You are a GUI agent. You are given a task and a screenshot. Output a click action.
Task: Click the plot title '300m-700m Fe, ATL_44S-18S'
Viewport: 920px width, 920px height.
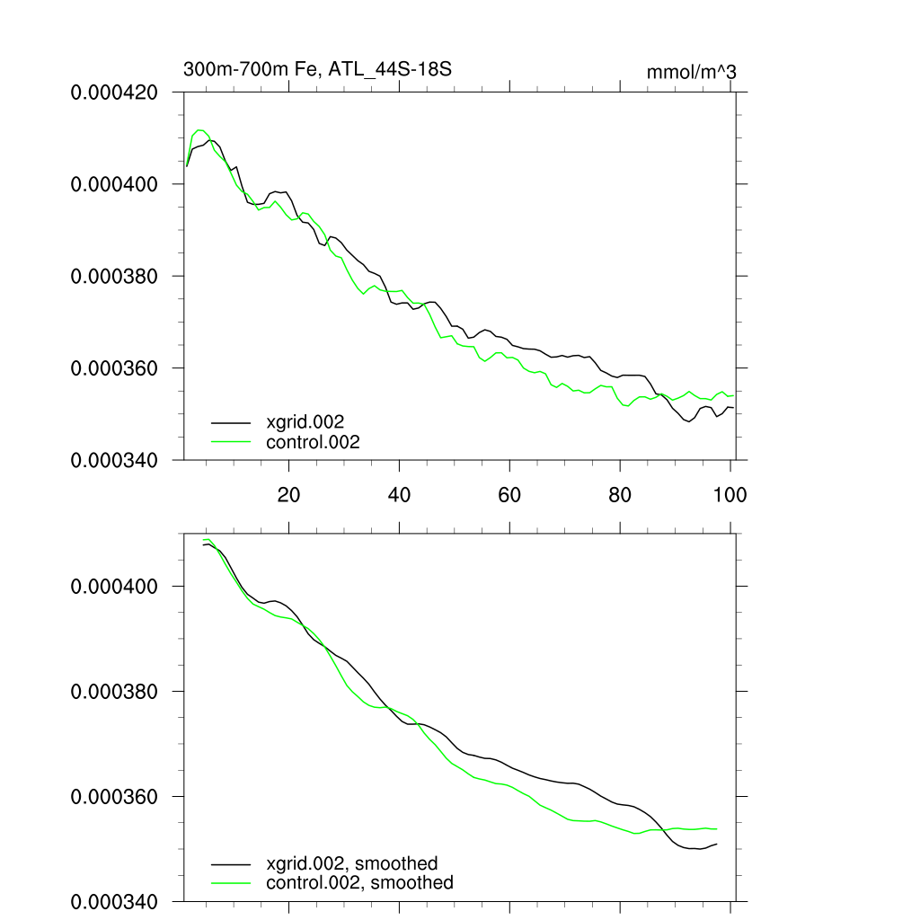click(x=323, y=69)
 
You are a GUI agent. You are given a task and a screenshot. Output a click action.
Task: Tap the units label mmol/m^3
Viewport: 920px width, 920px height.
click(x=691, y=72)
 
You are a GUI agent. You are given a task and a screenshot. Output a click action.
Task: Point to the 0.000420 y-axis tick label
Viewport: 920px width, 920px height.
click(x=115, y=92)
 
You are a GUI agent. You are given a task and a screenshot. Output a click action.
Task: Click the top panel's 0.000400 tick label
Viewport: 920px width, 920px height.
click(x=115, y=184)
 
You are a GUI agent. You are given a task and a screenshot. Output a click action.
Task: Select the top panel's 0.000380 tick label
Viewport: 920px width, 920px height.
click(x=115, y=276)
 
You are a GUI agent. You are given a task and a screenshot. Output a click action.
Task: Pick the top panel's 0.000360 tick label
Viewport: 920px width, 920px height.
click(x=115, y=368)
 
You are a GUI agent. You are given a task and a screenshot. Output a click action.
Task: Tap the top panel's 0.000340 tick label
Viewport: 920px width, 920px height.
click(x=115, y=460)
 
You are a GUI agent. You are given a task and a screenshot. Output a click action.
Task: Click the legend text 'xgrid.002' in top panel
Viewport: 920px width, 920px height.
click(x=305, y=420)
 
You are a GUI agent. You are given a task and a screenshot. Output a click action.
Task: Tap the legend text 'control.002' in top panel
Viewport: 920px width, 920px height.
click(x=313, y=441)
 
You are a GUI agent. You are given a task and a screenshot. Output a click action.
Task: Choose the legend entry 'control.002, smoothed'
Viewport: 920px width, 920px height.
click(x=359, y=882)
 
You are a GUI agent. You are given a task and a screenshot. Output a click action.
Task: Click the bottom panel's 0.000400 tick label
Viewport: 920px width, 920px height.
click(x=115, y=586)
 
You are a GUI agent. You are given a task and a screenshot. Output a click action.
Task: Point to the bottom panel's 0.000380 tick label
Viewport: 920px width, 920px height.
click(x=115, y=692)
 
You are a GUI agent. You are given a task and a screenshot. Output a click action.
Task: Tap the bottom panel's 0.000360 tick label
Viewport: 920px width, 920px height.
click(x=115, y=797)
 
